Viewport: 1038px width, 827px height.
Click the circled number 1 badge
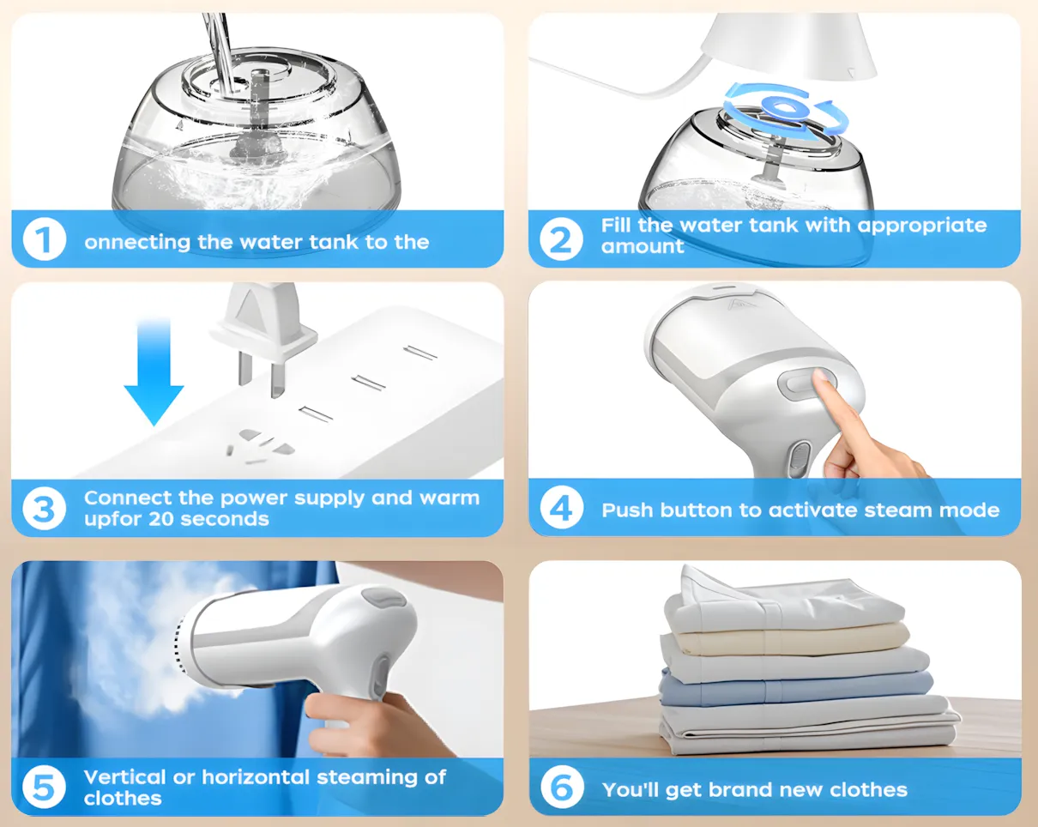(x=45, y=239)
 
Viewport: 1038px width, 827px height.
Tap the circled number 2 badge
(x=561, y=239)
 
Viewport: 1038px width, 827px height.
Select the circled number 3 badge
(x=45, y=509)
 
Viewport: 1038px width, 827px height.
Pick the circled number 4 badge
(x=561, y=508)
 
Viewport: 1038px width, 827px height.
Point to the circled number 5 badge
(x=45, y=788)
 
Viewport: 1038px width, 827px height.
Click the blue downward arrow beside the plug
(x=154, y=372)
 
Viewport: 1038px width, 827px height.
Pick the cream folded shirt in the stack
(x=791, y=638)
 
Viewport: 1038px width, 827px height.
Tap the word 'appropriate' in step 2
(x=922, y=226)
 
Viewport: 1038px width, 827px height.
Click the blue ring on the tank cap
(x=785, y=109)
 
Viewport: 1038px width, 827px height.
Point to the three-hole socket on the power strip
(x=261, y=445)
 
